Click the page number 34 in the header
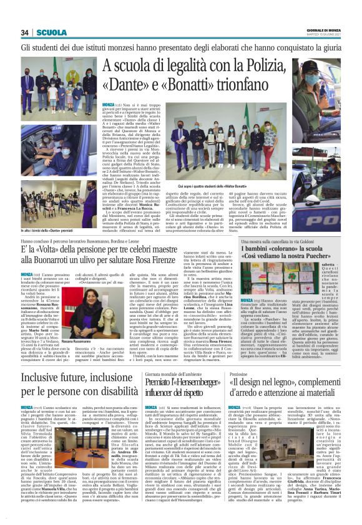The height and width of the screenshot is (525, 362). (26, 32)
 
